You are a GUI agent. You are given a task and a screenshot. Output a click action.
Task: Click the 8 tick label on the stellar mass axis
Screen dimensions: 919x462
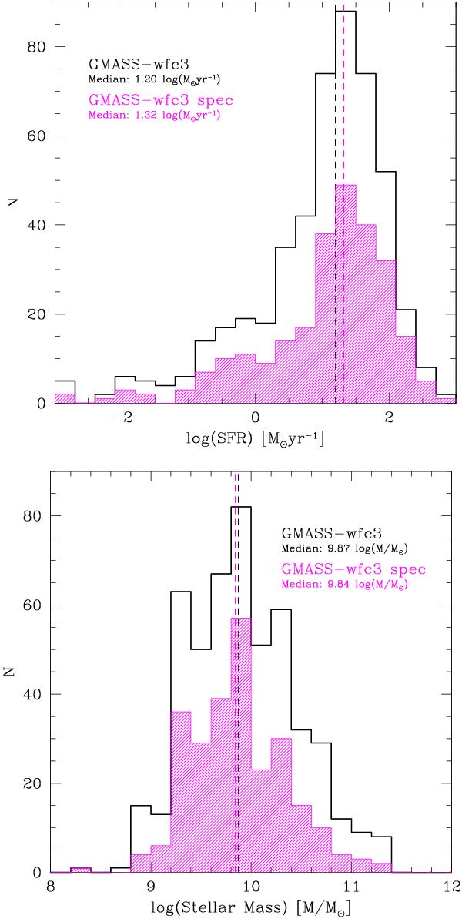[x=51, y=886]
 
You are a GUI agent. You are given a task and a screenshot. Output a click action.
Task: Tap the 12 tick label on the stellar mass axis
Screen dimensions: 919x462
[x=451, y=886]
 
